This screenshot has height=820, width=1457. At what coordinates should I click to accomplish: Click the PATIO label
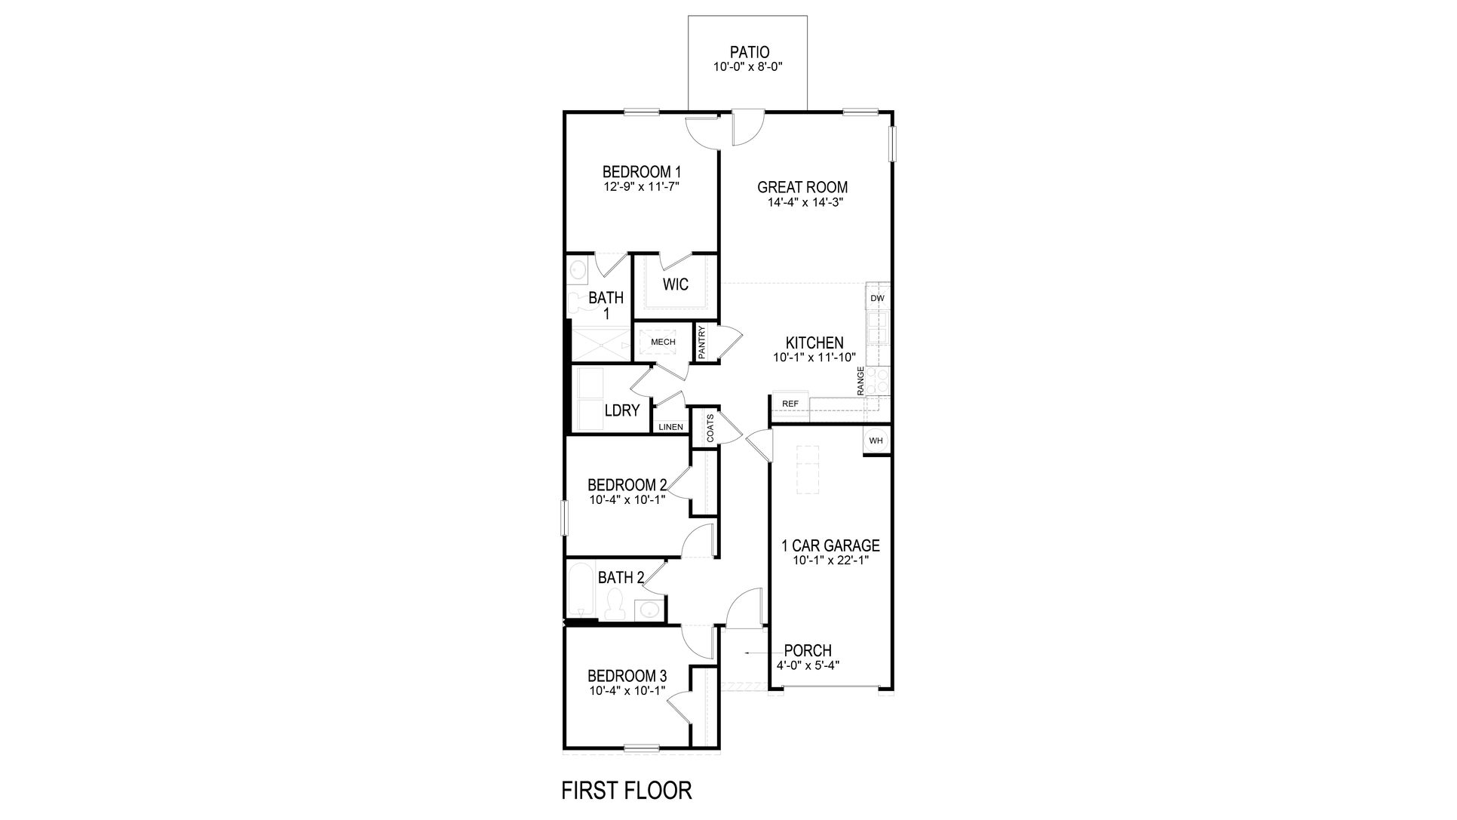coord(749,52)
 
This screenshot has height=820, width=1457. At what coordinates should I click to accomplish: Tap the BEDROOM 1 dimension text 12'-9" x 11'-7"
coord(642,186)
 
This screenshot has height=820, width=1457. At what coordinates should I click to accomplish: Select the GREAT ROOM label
coord(802,187)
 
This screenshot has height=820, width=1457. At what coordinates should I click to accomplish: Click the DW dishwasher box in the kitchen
coord(877,298)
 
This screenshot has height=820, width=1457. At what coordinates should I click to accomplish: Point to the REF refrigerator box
coord(790,404)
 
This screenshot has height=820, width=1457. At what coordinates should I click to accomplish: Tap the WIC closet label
coord(675,285)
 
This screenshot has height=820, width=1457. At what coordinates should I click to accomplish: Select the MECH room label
coord(663,342)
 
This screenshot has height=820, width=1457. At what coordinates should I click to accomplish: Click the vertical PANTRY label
coord(702,342)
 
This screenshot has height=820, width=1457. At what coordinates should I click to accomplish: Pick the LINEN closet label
coord(670,428)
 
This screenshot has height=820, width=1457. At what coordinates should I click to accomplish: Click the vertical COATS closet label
coord(710,428)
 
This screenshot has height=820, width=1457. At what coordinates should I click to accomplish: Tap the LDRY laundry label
coord(622,411)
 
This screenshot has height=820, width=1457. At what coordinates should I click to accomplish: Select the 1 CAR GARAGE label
coord(830,545)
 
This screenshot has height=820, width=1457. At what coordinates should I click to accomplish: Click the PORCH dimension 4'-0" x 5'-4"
coord(808,665)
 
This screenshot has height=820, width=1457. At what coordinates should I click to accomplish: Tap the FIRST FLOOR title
coord(627,791)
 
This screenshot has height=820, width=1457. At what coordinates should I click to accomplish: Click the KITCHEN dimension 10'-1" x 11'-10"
coord(814,358)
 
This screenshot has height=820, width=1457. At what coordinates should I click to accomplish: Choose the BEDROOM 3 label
coord(627,676)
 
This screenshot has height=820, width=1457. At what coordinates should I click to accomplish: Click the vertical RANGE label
coord(860,381)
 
